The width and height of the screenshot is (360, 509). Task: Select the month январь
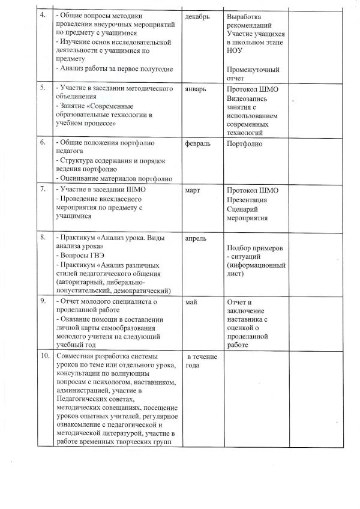197,89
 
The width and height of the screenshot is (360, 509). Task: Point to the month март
194,190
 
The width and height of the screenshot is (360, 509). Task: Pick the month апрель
197,238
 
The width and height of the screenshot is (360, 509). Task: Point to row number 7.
42,190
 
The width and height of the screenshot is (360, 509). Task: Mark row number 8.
42,238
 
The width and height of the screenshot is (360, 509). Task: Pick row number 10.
43,356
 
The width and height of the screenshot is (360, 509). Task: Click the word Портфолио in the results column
246,143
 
